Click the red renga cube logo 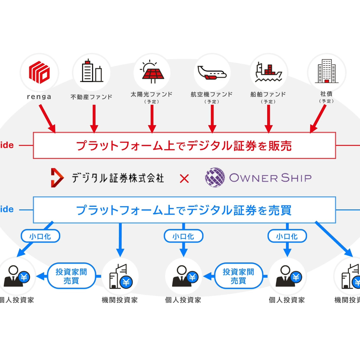click(x=39, y=72)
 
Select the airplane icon click(x=212, y=73)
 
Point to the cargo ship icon click(x=268, y=72)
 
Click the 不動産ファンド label click(x=91, y=97)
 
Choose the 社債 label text click(x=326, y=94)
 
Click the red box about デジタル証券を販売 click(x=184, y=146)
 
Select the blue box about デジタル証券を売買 click(x=184, y=210)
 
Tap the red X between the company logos click(x=184, y=178)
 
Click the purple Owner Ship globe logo click(x=215, y=177)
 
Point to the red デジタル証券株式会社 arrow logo click(x=57, y=178)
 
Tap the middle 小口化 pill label click(x=183, y=236)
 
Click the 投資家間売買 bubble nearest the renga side click(x=71, y=276)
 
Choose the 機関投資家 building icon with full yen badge click(x=121, y=277)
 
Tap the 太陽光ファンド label click(x=152, y=94)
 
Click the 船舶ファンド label click(x=268, y=94)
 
